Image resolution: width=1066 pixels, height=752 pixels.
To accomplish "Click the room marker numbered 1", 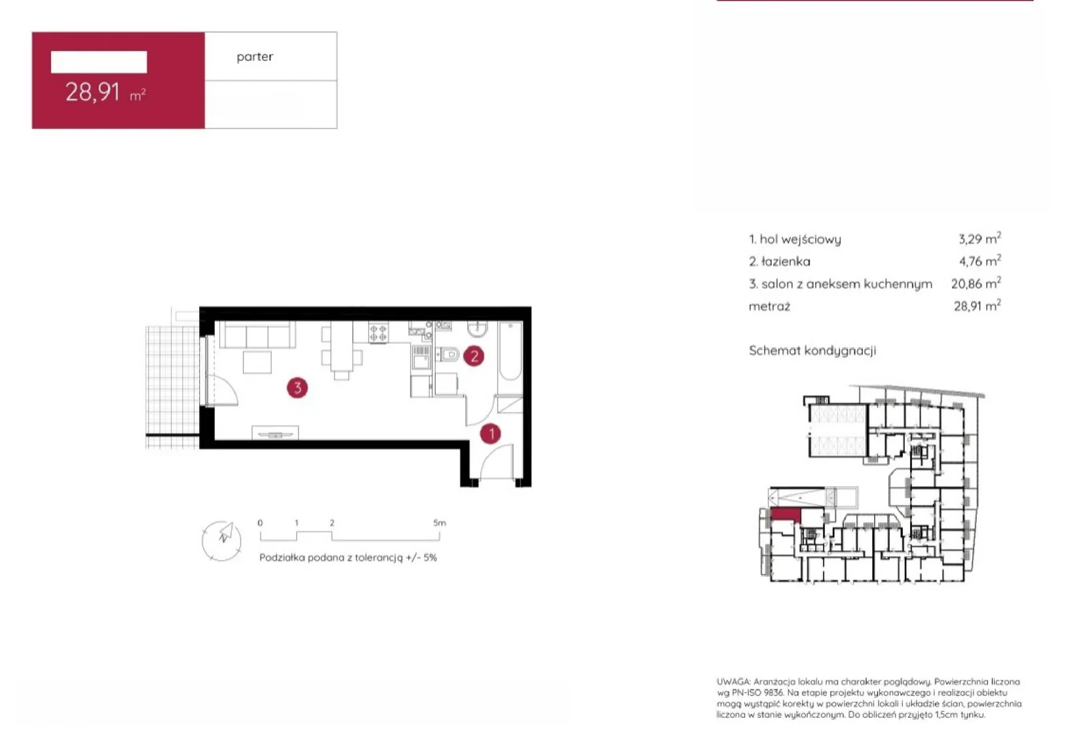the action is point(490,434).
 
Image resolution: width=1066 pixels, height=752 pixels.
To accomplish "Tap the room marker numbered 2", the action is point(474,356).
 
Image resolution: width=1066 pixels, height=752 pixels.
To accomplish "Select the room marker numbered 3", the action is point(297,388).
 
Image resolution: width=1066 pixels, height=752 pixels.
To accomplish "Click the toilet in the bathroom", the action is point(447,354).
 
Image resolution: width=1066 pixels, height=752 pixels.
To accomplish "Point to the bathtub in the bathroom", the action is point(510,352).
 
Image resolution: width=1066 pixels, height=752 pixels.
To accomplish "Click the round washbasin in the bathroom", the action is point(477,328).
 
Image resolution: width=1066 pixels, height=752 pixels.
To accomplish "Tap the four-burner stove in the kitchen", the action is point(378,332).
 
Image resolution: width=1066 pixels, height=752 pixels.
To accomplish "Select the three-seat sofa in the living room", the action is point(257,335).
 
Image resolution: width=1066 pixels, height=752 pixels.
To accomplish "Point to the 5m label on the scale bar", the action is point(439,523).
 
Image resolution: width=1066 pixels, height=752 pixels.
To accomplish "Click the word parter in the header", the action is point(255,57).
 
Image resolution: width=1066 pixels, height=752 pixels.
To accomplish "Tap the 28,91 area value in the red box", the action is point(93,93).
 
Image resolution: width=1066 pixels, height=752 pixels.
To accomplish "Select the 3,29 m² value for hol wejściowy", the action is point(979,238).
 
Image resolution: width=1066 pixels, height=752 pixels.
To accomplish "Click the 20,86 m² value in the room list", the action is point(975,284).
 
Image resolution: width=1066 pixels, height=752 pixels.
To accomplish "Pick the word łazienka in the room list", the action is point(786,261).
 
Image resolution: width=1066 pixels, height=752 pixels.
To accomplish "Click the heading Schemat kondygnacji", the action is point(812,350).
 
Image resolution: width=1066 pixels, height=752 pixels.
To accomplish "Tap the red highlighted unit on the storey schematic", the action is point(786,515).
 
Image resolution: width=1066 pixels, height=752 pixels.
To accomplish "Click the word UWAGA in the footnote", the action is point(734,681).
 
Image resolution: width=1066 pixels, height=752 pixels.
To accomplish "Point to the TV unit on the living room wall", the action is point(275,433).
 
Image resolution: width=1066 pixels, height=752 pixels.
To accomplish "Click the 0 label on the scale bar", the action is point(260,523).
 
